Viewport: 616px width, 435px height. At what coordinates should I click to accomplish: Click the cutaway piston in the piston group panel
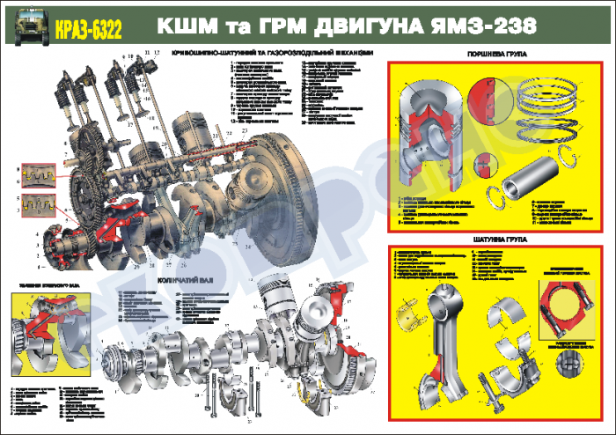point(431,132)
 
